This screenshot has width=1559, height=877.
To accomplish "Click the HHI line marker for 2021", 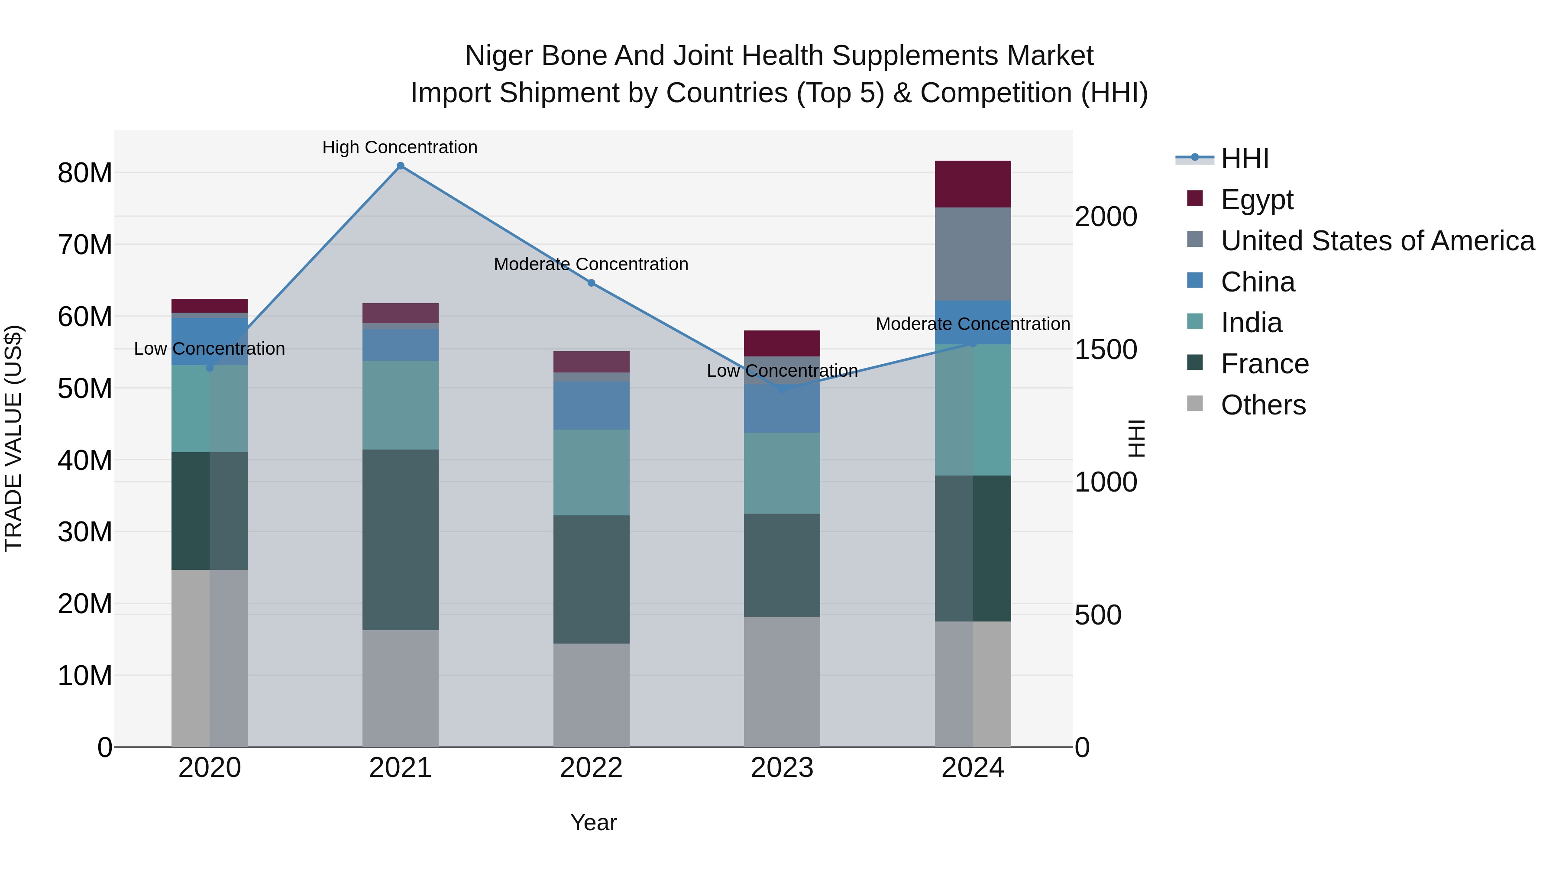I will pos(400,166).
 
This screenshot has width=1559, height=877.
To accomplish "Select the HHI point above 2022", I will pos(591,283).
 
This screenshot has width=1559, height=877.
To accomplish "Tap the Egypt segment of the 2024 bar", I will pos(973,184).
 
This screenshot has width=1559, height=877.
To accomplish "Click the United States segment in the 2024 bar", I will pos(973,254).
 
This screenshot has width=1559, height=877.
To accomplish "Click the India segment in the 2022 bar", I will pos(591,472).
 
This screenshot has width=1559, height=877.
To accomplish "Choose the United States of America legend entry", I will pos(1377,241).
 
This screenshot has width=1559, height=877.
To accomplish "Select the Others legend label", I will pos(1263,405).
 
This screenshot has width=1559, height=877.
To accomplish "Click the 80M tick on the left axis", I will pos(85,173).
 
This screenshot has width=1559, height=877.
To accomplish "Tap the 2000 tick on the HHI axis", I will pos(1106,217).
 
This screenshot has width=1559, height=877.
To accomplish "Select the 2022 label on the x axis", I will pos(591,768).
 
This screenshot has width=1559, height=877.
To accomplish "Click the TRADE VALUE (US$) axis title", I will pos(13,438).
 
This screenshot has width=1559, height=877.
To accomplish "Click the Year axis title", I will pos(593,822).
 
